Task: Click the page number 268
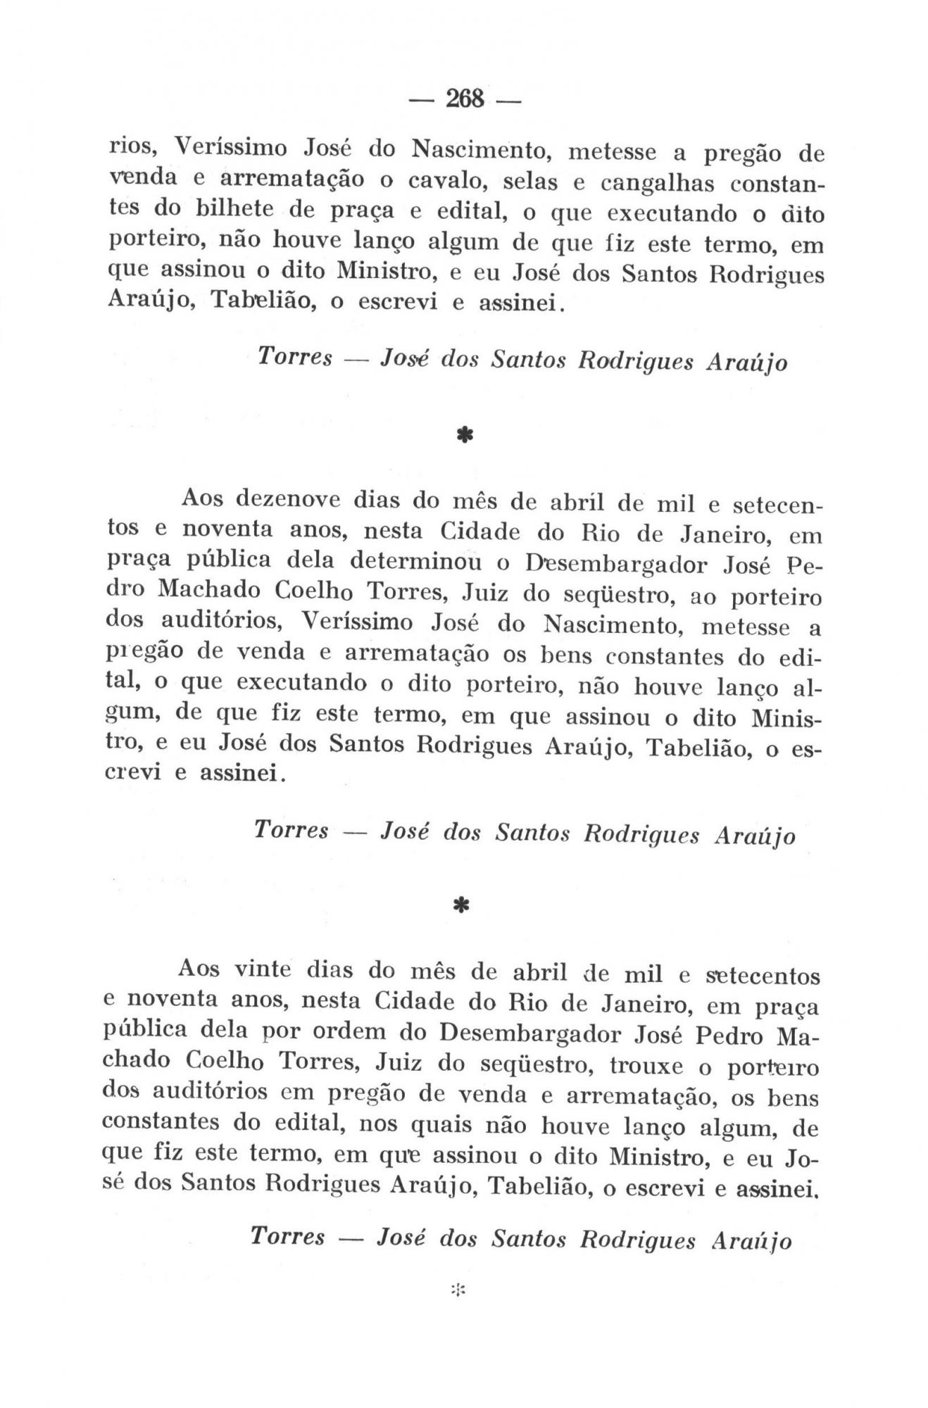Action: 464,99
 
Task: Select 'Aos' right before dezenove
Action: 201,498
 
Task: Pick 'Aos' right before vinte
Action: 198,969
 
